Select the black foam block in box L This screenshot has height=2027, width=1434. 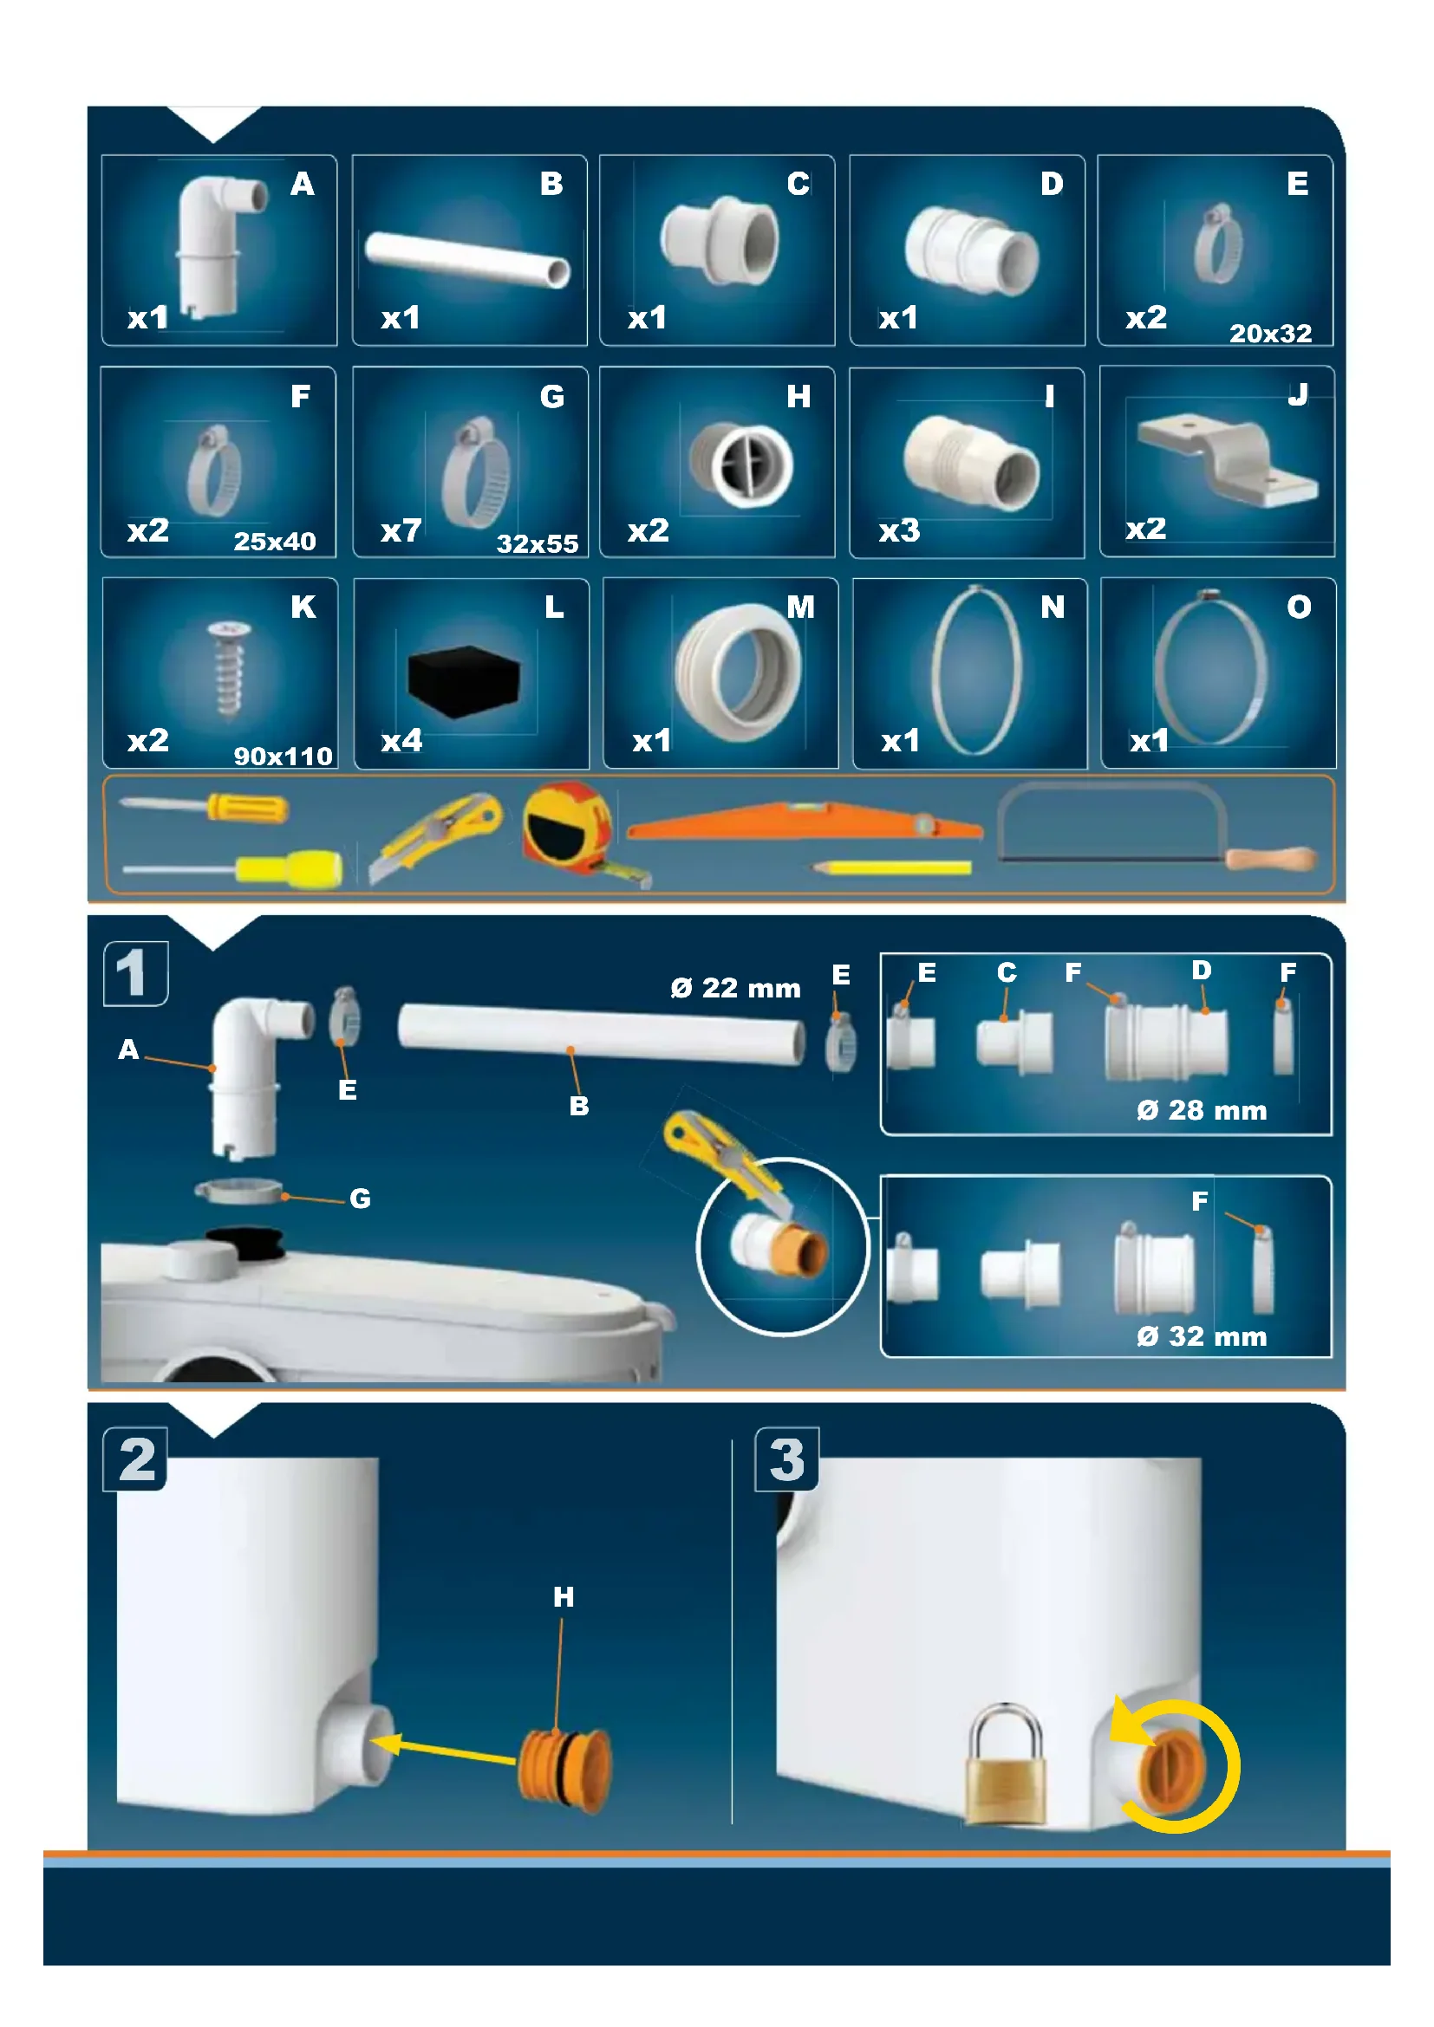464,680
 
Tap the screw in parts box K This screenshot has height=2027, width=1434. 230,667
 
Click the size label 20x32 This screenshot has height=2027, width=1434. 1270,334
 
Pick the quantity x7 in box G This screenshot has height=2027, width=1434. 401,531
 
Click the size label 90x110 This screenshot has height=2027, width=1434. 283,757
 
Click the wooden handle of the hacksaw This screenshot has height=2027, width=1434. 1271,858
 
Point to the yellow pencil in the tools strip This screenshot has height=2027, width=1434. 891,867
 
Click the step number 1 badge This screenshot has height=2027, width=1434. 135,974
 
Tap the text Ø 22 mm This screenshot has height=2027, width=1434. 734,988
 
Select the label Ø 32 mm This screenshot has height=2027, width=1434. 1201,1336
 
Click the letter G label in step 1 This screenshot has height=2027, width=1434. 360,1199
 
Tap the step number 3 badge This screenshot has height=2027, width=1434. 786,1459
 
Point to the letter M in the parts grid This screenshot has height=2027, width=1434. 800,607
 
